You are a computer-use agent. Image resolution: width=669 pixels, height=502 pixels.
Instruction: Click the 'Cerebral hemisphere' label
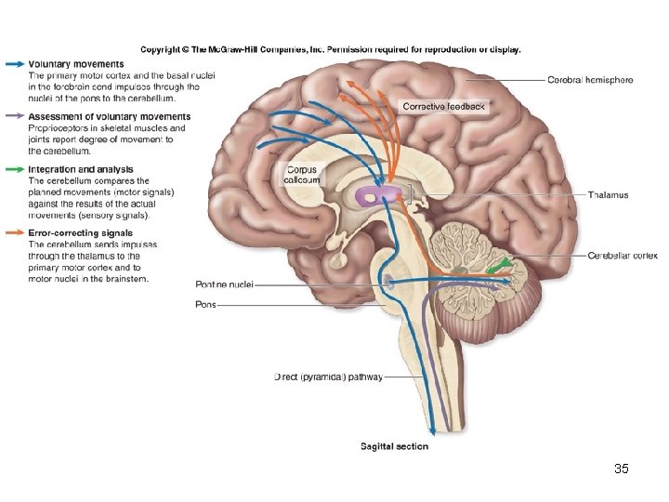tap(590, 80)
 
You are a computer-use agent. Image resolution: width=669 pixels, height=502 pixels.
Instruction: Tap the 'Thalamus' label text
tap(608, 195)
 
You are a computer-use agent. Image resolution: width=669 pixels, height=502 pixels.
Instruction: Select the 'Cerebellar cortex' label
tap(623, 256)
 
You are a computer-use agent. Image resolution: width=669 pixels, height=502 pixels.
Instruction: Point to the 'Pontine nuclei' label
tap(224, 284)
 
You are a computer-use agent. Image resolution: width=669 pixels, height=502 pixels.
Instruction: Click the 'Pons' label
tap(205, 304)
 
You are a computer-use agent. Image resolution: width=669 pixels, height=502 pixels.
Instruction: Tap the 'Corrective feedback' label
tap(443, 107)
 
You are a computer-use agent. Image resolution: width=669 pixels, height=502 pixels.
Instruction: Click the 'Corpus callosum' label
tap(301, 175)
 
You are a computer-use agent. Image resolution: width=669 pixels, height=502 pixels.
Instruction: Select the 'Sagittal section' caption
tap(394, 447)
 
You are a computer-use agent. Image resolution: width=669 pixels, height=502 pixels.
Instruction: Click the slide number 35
tap(622, 469)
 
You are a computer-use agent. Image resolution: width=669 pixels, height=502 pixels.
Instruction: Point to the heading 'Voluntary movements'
tap(76, 64)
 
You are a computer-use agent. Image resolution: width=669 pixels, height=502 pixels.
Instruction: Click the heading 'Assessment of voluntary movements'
tap(109, 117)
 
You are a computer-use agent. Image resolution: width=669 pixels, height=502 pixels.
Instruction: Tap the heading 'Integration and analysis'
tap(81, 169)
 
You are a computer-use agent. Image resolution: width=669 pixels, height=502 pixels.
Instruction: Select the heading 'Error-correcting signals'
tap(80, 233)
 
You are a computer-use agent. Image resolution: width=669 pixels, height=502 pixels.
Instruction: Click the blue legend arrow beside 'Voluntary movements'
tap(14, 64)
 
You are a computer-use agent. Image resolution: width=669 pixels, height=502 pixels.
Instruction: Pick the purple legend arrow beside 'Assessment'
tap(14, 117)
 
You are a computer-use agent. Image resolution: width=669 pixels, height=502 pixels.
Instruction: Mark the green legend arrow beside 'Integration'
tap(14, 169)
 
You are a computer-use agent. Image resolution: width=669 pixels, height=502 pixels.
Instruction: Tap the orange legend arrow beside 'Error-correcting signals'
tap(14, 233)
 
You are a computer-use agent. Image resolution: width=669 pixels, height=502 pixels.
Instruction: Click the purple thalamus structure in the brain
tap(380, 195)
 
